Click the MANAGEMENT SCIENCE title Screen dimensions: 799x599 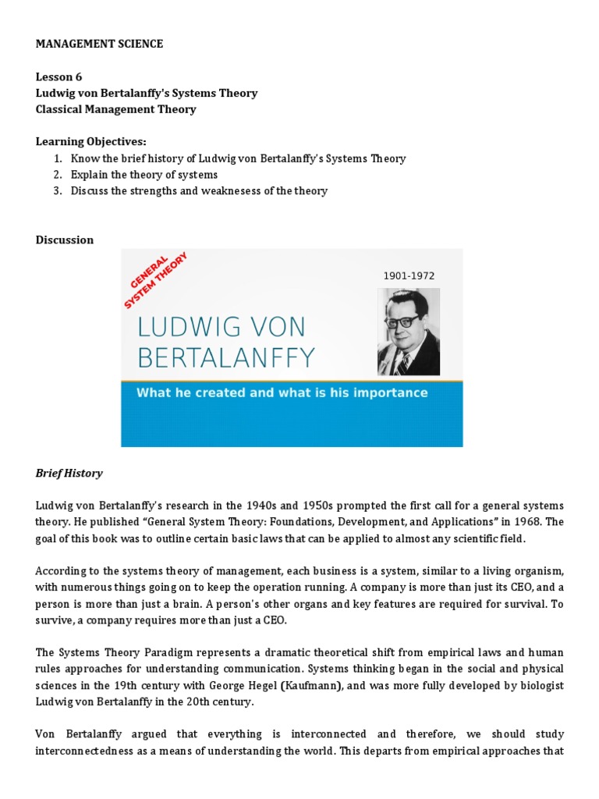coord(99,44)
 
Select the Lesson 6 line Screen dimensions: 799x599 coord(58,76)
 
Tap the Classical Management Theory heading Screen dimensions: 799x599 coord(115,109)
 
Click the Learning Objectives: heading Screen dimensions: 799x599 coord(90,141)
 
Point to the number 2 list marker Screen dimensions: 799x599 coord(57,175)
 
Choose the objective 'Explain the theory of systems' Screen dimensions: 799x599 coord(144,175)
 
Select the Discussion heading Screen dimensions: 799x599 coord(64,240)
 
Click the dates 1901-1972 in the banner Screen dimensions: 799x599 coord(408,275)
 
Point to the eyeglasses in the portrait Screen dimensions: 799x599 coord(407,320)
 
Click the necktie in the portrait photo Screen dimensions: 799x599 coord(402,362)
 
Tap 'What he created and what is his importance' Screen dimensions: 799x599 coord(282,392)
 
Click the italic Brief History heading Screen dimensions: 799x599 coord(69,474)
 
